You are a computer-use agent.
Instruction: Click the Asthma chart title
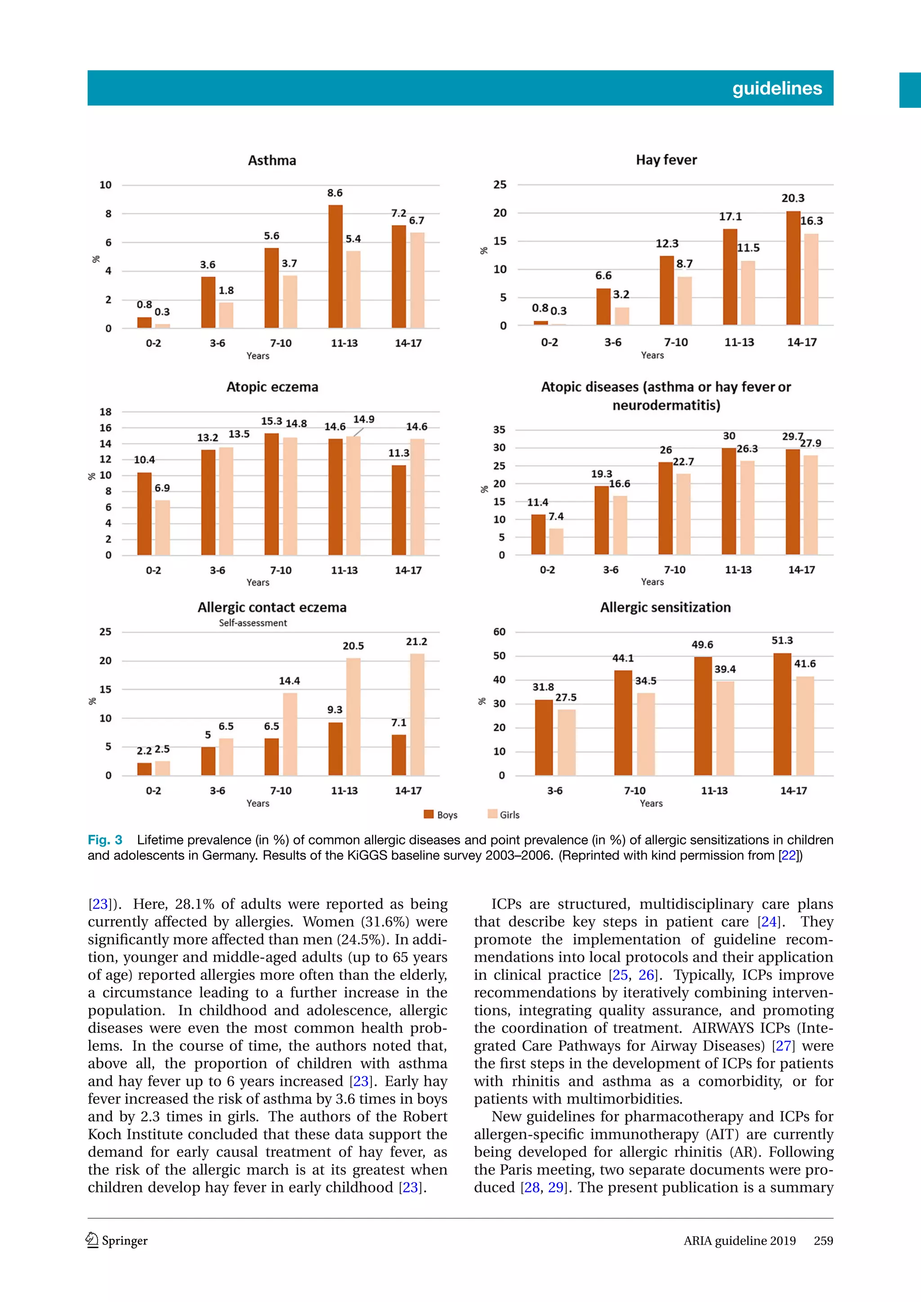[272, 160]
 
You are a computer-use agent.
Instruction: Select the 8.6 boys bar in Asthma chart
[335, 266]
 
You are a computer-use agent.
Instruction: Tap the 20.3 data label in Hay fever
[792, 199]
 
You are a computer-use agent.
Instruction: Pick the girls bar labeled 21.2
[417, 714]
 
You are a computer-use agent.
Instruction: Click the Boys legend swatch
[429, 815]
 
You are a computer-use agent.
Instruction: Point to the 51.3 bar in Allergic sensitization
[782, 714]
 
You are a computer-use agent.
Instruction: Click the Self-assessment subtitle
[253, 623]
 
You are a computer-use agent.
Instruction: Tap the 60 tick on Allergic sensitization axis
[499, 632]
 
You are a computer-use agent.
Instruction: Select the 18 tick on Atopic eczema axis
[106, 412]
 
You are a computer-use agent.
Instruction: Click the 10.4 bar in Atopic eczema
[145, 514]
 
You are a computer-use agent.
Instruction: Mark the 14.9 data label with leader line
[364, 420]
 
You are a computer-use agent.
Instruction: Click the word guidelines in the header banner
[777, 89]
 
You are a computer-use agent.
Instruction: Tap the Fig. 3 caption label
[105, 840]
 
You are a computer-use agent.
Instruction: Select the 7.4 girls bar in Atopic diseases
[556, 541]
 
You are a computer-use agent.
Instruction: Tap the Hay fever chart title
[666, 160]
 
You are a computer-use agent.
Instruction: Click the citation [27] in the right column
[784, 1045]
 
